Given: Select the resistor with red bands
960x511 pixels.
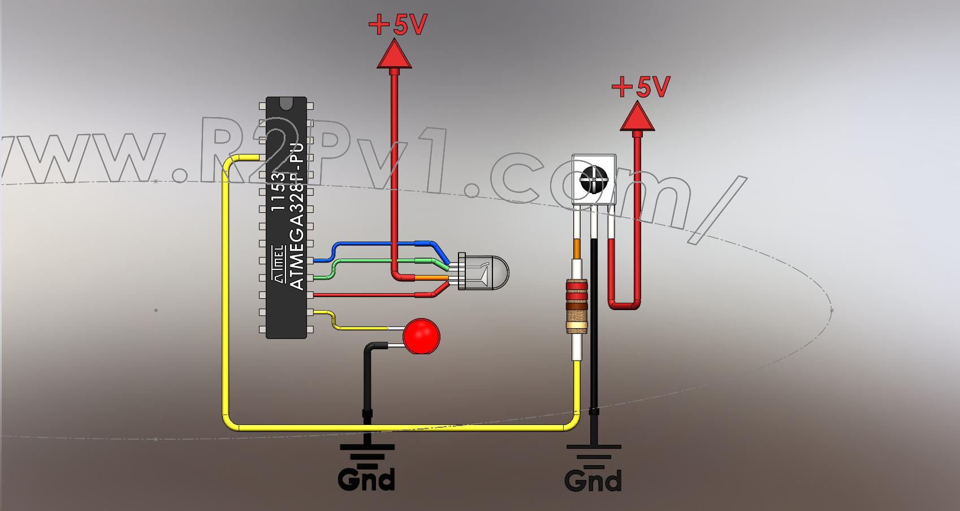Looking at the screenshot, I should (x=577, y=306).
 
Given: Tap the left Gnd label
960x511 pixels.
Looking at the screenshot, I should (x=366, y=480).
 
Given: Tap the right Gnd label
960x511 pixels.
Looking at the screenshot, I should (x=593, y=482).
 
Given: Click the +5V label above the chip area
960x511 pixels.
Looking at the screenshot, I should (x=397, y=25).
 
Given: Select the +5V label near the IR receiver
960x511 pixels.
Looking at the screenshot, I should (x=641, y=87).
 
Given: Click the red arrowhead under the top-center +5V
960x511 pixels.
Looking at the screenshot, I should (x=394, y=55).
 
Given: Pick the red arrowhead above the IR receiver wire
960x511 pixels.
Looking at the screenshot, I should (x=637, y=117).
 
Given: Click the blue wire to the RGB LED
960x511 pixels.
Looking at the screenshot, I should (x=384, y=244).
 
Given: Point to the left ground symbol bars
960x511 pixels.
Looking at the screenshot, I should (x=367, y=453).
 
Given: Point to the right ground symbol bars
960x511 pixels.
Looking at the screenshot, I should (x=594, y=453).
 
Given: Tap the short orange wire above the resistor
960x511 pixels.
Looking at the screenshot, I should (x=577, y=249).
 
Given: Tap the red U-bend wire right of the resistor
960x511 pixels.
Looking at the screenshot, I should (x=624, y=306).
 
